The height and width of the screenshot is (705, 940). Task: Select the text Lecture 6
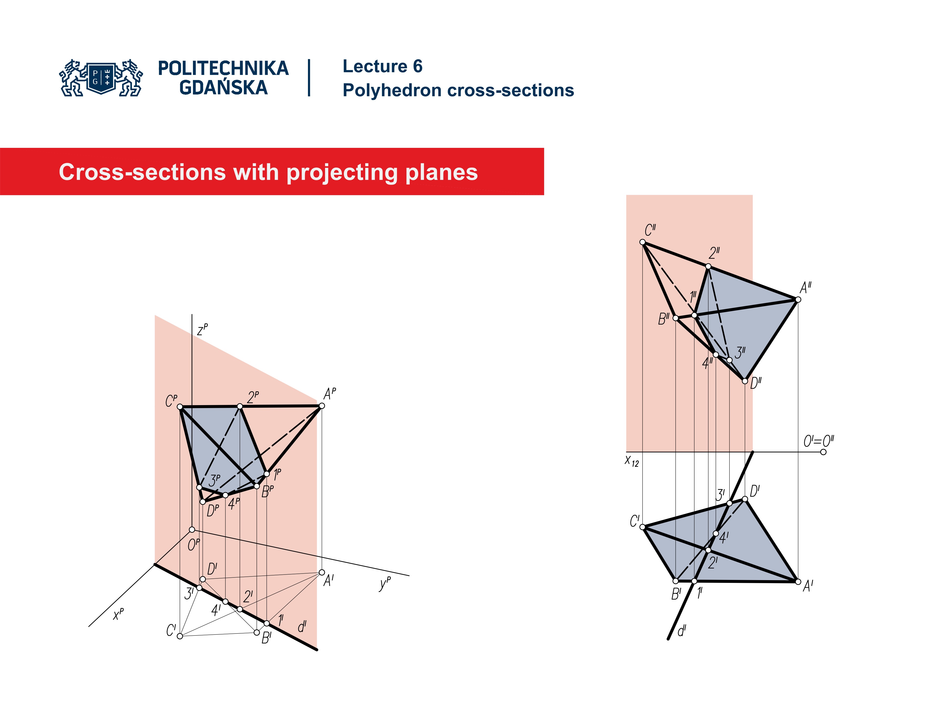[x=382, y=66]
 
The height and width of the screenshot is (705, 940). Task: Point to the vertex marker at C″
[x=643, y=242]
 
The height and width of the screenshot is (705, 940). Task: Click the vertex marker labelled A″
[x=798, y=300]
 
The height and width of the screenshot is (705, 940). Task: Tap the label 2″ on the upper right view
[x=714, y=253]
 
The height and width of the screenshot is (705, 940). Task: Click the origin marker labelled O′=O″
[x=823, y=452]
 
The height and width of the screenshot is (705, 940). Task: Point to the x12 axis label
[x=632, y=461]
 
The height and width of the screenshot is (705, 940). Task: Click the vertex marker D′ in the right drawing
[x=744, y=499]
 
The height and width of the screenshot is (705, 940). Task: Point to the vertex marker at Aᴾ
[x=322, y=406]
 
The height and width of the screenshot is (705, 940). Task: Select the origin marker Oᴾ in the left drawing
[x=192, y=529]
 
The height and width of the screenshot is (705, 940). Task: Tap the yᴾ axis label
[x=385, y=584]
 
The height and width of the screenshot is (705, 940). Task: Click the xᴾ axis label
[x=118, y=614]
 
